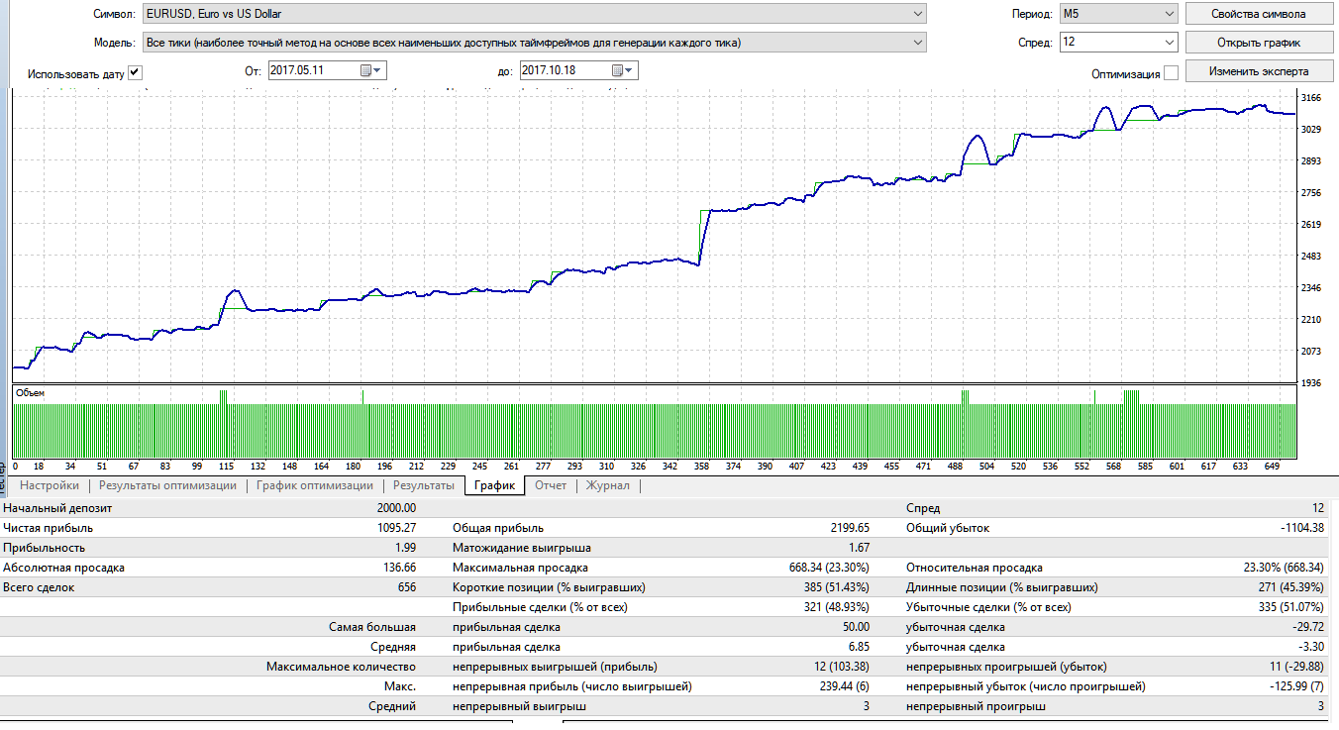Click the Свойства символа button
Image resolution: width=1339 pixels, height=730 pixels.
(1259, 14)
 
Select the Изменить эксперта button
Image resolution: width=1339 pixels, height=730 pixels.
(1259, 71)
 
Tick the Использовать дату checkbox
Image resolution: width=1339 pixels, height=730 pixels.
(135, 73)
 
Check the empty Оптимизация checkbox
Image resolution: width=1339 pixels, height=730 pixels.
(1171, 73)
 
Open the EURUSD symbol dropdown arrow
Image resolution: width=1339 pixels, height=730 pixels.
(917, 14)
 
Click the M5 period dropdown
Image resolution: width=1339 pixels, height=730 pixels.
(1118, 13)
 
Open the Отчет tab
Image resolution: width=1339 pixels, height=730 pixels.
(551, 485)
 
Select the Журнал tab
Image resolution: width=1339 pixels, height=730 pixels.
(607, 485)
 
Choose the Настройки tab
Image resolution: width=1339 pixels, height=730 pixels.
(49, 485)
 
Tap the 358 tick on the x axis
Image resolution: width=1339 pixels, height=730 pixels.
(701, 467)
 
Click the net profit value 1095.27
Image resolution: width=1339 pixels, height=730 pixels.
(396, 528)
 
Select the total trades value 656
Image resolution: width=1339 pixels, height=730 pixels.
(406, 587)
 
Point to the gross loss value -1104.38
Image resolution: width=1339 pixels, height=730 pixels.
(1302, 528)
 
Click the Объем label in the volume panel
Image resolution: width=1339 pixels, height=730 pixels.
(30, 393)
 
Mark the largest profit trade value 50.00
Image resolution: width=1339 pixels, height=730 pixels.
(856, 627)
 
